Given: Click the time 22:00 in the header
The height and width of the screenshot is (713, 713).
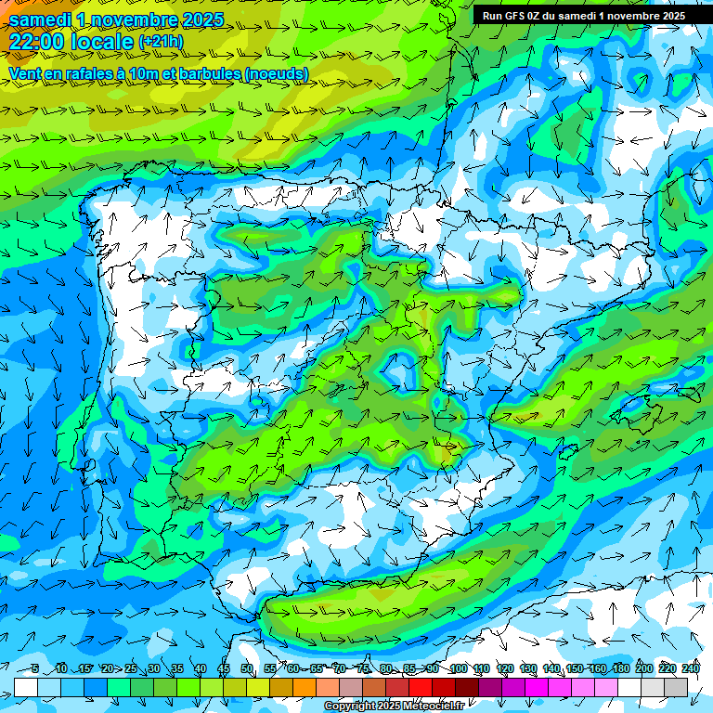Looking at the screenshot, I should click(x=41, y=43).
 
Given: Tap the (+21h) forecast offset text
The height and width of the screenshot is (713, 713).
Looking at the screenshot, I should click(x=161, y=42).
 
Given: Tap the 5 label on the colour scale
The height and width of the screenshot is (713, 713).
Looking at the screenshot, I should click(x=34, y=669).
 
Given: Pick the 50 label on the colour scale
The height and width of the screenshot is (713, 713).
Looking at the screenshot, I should click(x=247, y=669).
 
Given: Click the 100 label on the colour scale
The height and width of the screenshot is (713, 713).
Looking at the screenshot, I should click(x=458, y=669).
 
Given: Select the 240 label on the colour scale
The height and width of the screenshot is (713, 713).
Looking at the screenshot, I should click(x=691, y=669).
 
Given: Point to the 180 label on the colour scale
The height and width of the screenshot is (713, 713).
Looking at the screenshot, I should click(x=620, y=669).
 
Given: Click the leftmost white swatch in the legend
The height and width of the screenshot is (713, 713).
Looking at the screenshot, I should click(x=26, y=687).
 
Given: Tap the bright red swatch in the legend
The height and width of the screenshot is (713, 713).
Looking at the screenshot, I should click(x=421, y=687).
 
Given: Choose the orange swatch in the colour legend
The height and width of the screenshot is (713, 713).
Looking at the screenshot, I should click(x=305, y=687).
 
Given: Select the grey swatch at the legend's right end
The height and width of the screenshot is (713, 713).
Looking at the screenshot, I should click(x=676, y=687).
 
